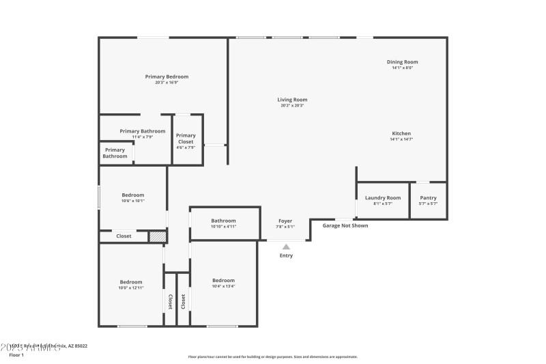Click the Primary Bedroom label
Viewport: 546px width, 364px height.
[x=167, y=76]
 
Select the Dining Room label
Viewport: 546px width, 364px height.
[x=402, y=62]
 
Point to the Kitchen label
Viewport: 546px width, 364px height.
[x=401, y=133]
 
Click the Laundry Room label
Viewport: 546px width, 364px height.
[x=383, y=198]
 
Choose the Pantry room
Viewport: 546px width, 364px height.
[x=428, y=200]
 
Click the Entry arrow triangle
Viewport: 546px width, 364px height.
[x=286, y=247]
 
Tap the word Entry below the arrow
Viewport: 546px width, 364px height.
[x=286, y=255]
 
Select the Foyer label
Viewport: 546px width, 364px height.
[x=285, y=221]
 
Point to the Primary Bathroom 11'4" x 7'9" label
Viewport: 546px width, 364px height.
[x=143, y=131]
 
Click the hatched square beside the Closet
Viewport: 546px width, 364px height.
[x=157, y=236]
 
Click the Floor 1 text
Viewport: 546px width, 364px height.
[x=16, y=355]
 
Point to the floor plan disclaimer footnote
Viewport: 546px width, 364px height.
[x=272, y=356]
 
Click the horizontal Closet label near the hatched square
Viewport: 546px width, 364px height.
[x=124, y=236]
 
